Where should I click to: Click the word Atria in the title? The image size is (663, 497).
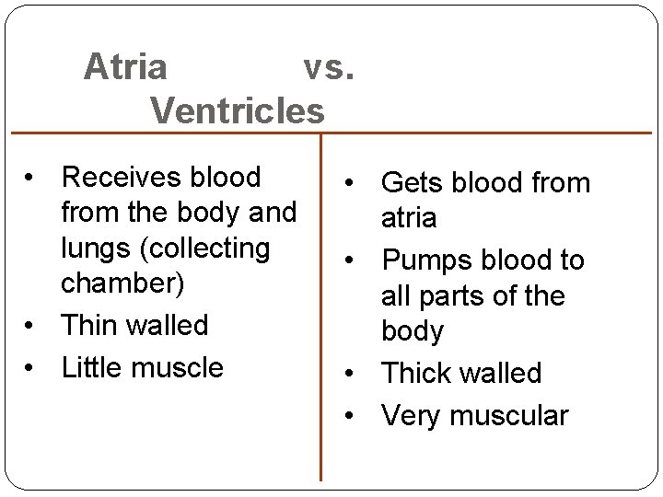[x=125, y=67]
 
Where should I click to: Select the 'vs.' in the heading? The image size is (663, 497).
[x=329, y=67]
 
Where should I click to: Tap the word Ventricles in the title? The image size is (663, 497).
[x=238, y=110]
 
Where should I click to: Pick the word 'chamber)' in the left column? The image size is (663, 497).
[x=122, y=283]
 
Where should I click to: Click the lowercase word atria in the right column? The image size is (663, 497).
[x=409, y=218]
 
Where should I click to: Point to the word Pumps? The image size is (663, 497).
[x=425, y=260]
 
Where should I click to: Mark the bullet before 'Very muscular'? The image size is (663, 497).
[x=351, y=416]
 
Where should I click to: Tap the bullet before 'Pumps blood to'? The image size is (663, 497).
[x=351, y=261]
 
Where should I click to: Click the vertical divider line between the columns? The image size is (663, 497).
[x=320, y=304]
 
